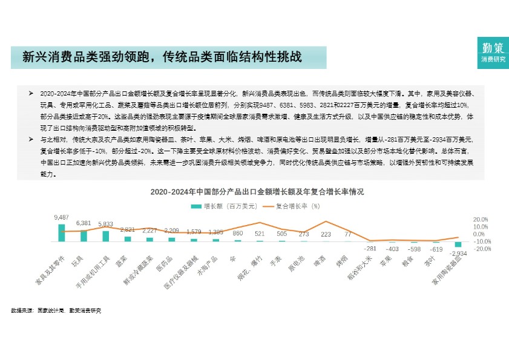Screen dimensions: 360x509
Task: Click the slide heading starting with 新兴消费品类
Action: click(162, 57)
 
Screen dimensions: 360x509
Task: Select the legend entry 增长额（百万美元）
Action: click(217, 206)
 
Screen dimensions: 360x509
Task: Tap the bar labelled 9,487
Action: click(62, 233)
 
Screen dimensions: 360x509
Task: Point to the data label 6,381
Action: click(84, 223)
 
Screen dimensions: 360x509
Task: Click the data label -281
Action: click(370, 249)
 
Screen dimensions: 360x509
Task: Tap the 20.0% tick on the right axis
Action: click(481, 220)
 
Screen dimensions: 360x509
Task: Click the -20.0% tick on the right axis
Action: click(481, 249)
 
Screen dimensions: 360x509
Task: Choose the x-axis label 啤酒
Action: click(320, 262)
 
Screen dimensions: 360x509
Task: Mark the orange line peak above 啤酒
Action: click(326, 221)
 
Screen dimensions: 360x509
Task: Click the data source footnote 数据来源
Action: click(56, 310)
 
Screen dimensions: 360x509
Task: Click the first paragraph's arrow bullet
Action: click(31, 94)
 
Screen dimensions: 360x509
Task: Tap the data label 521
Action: click(260, 233)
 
